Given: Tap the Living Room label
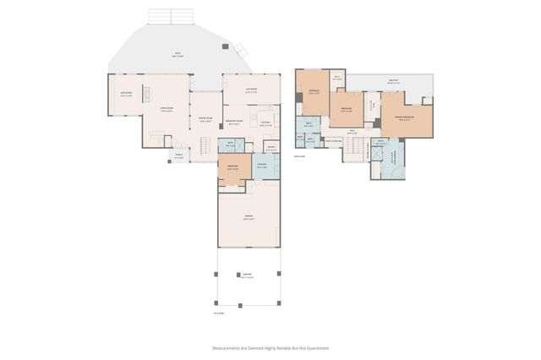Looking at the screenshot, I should click(157, 108).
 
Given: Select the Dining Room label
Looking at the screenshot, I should click(205, 119).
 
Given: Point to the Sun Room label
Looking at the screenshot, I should click(251, 90).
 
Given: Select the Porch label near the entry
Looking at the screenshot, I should click(178, 155).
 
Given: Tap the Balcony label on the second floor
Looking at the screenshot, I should click(393, 82).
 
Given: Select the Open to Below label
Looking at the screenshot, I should click(333, 140).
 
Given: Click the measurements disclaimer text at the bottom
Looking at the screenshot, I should click(270, 347).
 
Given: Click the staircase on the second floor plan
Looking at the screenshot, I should click(355, 150).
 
